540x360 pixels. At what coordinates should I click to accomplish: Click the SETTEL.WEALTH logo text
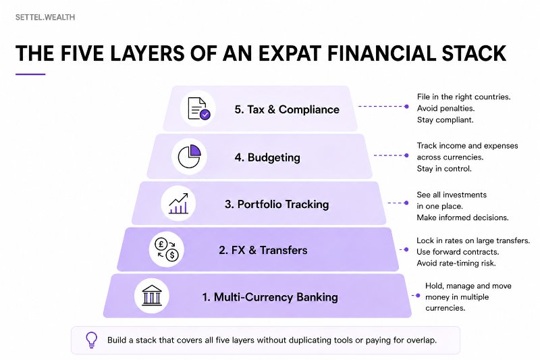pyautogui.click(x=45, y=18)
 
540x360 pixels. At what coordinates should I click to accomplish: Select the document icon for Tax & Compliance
pyautogui.click(x=198, y=109)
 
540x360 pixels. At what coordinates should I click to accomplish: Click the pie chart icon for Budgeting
pyautogui.click(x=190, y=157)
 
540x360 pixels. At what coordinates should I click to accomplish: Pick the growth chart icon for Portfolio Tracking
pyautogui.click(x=178, y=203)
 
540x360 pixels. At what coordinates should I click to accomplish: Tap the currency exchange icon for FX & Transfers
pyautogui.click(x=167, y=249)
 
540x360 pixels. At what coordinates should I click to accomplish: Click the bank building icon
pyautogui.click(x=152, y=296)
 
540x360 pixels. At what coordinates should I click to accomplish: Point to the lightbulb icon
pyautogui.click(x=91, y=340)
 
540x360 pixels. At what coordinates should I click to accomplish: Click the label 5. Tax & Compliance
pyautogui.click(x=287, y=109)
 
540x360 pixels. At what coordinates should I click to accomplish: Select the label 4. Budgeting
pyautogui.click(x=267, y=157)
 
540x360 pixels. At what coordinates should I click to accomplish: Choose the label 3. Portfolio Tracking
pyautogui.click(x=277, y=204)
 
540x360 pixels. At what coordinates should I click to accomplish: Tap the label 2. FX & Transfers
pyautogui.click(x=263, y=250)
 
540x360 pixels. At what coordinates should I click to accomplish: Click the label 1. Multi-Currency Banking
pyautogui.click(x=270, y=297)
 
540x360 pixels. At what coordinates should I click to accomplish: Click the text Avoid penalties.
pyautogui.click(x=446, y=108)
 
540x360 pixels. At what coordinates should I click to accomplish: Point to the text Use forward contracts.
pyautogui.click(x=458, y=252)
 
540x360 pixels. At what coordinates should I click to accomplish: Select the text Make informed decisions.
pyautogui.click(x=462, y=217)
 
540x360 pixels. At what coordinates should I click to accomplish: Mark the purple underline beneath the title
pyautogui.click(x=30, y=74)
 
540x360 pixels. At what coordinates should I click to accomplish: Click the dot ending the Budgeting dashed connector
pyautogui.click(x=406, y=155)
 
